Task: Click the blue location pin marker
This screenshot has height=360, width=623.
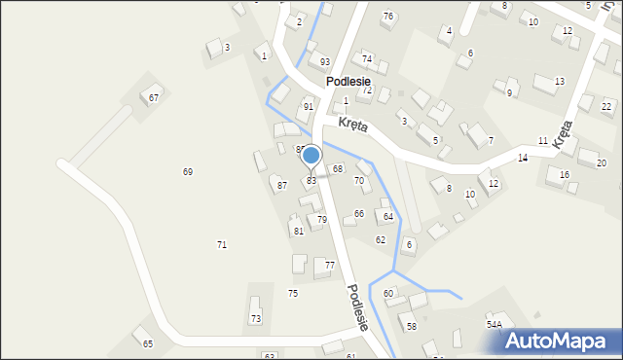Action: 311,156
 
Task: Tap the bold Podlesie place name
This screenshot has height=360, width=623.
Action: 348,82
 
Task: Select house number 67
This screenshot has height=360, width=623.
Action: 154,97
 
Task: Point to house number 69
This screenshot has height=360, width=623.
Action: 188,171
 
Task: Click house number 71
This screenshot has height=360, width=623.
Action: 222,244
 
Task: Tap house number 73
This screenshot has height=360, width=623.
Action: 256,318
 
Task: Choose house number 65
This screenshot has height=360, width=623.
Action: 148,343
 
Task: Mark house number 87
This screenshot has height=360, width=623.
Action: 282,185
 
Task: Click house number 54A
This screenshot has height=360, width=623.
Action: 495,324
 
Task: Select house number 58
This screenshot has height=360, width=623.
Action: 412,326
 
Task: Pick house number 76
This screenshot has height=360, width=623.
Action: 388,17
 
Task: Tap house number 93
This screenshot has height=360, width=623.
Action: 325,62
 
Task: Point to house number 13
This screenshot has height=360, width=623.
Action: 559,82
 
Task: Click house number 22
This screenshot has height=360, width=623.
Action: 606,106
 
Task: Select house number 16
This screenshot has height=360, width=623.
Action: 565,175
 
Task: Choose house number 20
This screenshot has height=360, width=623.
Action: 601,162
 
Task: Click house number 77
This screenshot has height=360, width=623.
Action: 330,266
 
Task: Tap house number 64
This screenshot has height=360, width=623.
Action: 387,216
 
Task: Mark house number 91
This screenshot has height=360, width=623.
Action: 309,107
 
